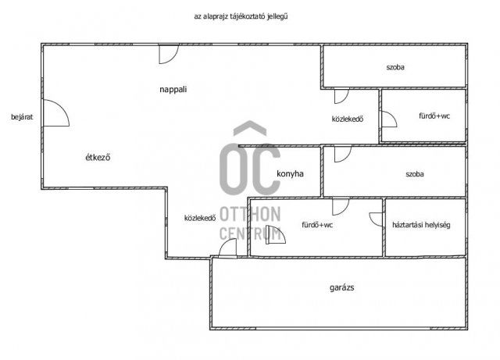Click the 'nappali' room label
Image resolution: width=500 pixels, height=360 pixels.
click(173, 90)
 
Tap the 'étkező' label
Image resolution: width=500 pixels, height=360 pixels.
click(98, 157)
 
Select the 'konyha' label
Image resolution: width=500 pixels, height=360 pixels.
click(290, 174)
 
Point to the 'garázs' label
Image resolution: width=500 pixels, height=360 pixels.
click(342, 287)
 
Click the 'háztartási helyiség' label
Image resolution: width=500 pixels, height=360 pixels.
click(421, 225)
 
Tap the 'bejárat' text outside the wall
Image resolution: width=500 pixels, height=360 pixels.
click(22, 117)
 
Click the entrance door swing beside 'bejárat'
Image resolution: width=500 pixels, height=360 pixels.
click(56, 113)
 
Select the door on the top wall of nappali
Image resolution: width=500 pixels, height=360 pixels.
click(169, 54)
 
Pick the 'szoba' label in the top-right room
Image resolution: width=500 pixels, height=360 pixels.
click(395, 67)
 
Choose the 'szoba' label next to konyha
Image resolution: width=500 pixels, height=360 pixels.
click(415, 174)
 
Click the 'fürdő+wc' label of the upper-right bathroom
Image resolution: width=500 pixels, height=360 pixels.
click(434, 116)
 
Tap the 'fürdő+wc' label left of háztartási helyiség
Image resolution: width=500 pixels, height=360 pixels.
click(317, 225)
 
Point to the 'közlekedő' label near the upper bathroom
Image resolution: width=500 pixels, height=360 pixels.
click(348, 119)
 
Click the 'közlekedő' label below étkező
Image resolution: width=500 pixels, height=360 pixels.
click(200, 218)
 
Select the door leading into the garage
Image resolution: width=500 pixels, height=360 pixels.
click(227, 248)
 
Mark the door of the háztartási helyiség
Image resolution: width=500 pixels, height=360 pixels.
click(376, 219)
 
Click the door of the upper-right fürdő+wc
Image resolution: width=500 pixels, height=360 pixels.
click(389, 119)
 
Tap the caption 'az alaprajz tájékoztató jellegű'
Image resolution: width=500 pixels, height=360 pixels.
click(241, 16)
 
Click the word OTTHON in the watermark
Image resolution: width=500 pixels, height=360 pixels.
click(250, 214)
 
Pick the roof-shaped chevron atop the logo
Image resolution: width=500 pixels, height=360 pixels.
click(250, 127)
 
